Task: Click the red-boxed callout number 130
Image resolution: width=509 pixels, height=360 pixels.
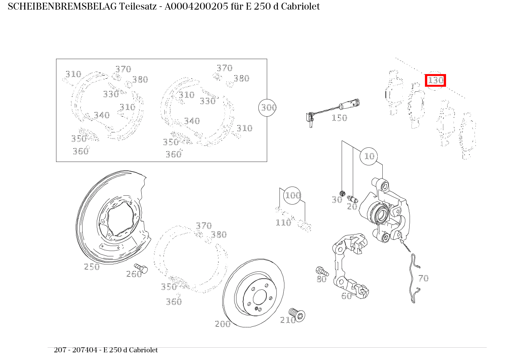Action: [x=435, y=81]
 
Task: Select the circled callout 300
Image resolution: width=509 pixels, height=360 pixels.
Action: [x=268, y=108]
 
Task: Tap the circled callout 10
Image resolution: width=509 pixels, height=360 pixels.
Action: [x=369, y=156]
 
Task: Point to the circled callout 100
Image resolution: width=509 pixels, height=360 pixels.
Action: [x=293, y=196]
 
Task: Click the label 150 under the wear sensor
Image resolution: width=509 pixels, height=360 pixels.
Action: [x=339, y=118]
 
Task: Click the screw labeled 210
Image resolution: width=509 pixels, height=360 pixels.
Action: [x=297, y=315]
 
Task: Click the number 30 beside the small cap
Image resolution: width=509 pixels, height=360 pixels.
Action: [x=337, y=200]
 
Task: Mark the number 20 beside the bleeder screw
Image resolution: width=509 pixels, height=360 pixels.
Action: [x=352, y=207]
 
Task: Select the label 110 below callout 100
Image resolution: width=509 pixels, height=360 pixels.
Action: [x=283, y=223]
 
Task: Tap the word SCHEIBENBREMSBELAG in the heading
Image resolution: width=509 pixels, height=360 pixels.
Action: [x=62, y=7]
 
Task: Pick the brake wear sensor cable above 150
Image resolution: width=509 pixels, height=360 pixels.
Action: [x=334, y=107]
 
